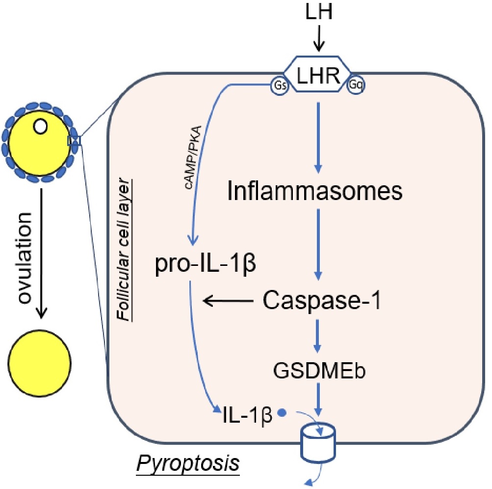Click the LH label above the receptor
point(319,13)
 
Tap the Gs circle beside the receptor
point(281,86)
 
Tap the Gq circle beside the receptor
point(357,86)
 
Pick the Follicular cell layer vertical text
point(129,254)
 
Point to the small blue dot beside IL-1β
point(282,412)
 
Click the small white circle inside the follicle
point(41,127)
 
